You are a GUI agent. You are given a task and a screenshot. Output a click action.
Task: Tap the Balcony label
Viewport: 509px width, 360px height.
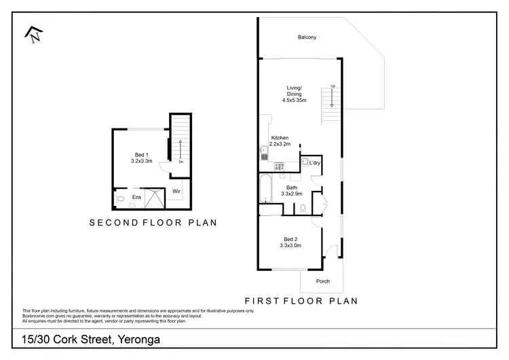(307, 37)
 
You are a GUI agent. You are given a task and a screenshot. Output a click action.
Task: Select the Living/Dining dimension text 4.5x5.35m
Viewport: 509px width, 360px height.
(295, 101)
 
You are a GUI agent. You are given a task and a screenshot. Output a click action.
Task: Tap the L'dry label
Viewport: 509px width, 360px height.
(314, 163)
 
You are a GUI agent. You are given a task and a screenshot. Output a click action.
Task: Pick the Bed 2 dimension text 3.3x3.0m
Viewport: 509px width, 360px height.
(291, 245)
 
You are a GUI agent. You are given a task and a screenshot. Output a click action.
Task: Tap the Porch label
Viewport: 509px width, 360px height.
(323, 281)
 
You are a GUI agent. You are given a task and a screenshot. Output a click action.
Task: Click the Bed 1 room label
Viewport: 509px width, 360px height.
(140, 155)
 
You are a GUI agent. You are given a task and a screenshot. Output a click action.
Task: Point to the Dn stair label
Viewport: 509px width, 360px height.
(181, 162)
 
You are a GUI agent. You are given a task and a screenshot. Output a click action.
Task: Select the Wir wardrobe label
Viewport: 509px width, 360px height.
(175, 192)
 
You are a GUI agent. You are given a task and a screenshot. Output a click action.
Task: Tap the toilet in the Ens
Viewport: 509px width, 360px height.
(120, 199)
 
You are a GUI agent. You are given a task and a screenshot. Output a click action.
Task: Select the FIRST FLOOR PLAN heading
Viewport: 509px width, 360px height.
(301, 300)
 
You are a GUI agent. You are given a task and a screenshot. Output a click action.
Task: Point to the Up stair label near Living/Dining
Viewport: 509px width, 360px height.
(333, 86)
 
